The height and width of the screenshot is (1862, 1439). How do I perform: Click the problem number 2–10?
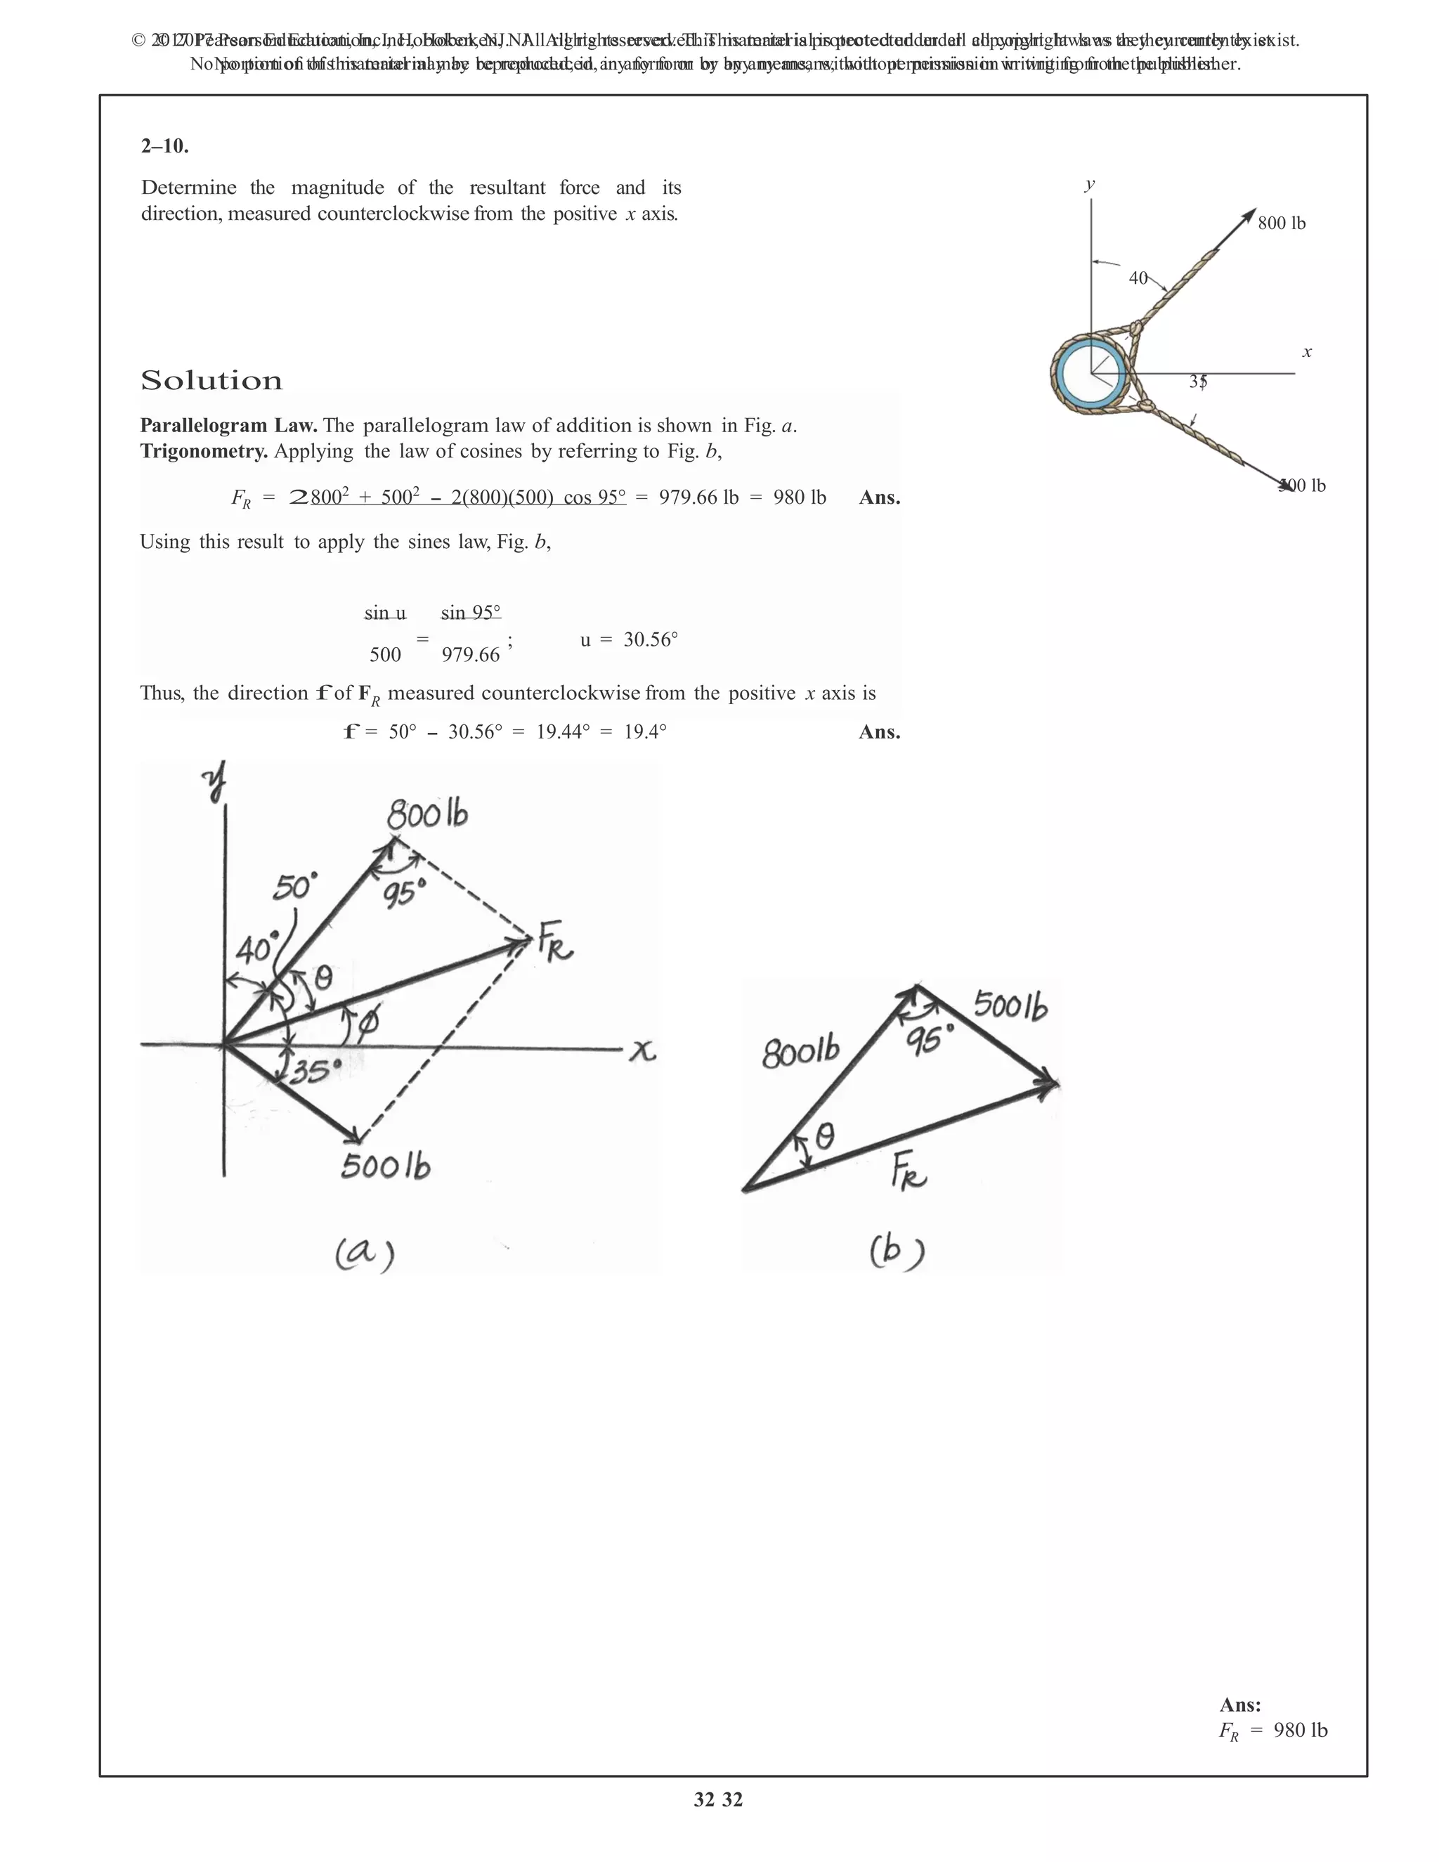164,145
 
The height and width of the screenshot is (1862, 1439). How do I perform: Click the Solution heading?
211,380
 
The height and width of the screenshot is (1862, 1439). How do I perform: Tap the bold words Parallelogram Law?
228,425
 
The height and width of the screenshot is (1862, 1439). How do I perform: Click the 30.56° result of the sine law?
651,639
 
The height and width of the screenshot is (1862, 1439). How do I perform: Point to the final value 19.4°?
644,731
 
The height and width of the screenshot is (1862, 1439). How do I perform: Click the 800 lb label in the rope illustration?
1282,223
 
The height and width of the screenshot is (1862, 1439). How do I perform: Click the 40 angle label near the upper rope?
1138,278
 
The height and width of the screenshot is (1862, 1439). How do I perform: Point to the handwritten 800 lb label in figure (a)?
427,815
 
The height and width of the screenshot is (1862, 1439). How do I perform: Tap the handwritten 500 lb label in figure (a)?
385,1166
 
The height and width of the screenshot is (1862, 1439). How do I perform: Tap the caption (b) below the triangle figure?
897,1251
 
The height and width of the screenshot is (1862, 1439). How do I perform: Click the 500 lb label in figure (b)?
1010,1006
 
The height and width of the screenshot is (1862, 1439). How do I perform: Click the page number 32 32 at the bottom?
718,1799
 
